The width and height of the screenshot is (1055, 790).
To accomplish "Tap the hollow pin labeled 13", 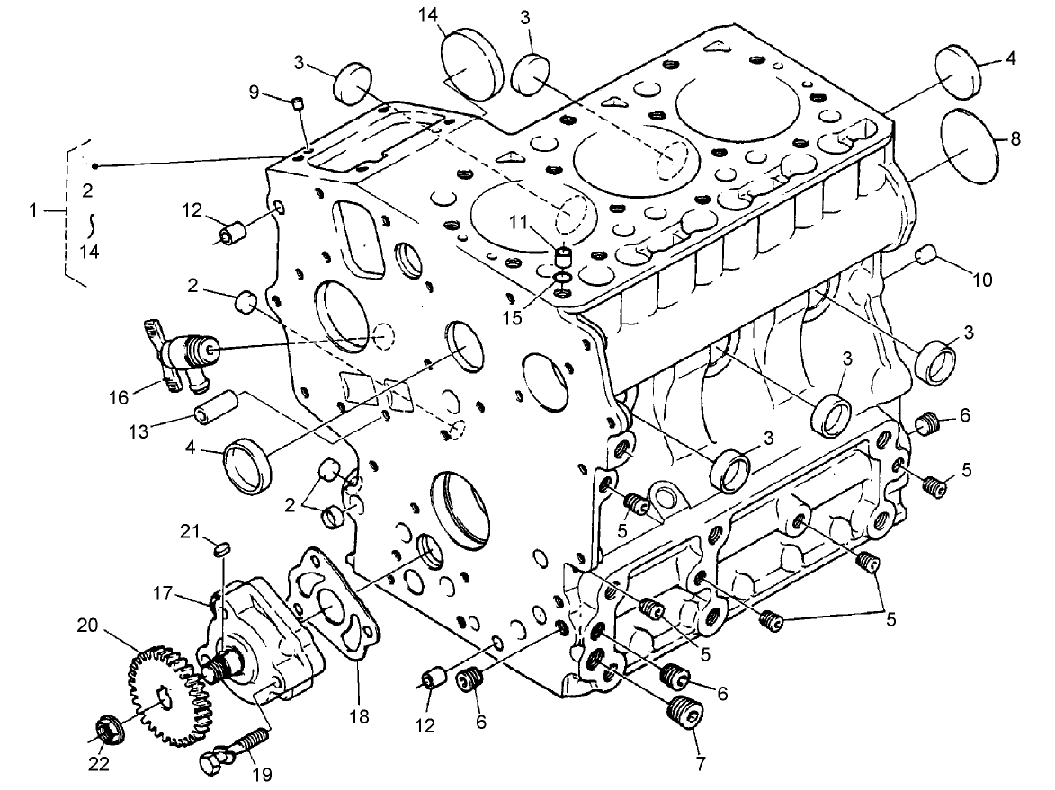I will (x=215, y=407).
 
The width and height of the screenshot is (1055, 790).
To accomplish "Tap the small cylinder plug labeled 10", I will (x=925, y=257).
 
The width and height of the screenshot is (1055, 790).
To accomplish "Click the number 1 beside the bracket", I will (x=33, y=210).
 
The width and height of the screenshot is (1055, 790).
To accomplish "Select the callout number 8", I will (x=1015, y=138).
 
